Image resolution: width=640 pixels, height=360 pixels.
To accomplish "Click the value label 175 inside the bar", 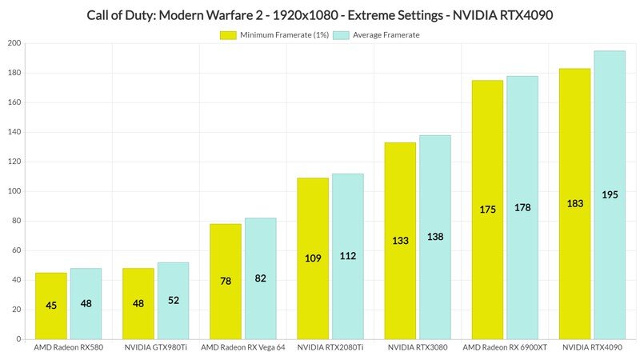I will (x=487, y=209).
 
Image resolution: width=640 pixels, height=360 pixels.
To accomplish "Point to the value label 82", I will (x=260, y=278).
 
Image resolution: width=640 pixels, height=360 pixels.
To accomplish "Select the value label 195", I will (x=609, y=194).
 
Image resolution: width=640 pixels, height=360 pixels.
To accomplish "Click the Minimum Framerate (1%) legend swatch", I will (x=228, y=34).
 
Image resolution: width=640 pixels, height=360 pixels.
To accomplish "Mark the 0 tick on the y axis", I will (x=18, y=339).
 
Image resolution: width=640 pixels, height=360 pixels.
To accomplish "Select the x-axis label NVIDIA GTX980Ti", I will (x=155, y=349).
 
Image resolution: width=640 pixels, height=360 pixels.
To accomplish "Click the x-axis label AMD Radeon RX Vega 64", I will (x=242, y=349).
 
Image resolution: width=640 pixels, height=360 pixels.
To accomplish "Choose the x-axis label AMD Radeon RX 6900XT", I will (x=504, y=349).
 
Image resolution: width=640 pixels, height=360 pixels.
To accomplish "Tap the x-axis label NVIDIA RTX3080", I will (x=417, y=349).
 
